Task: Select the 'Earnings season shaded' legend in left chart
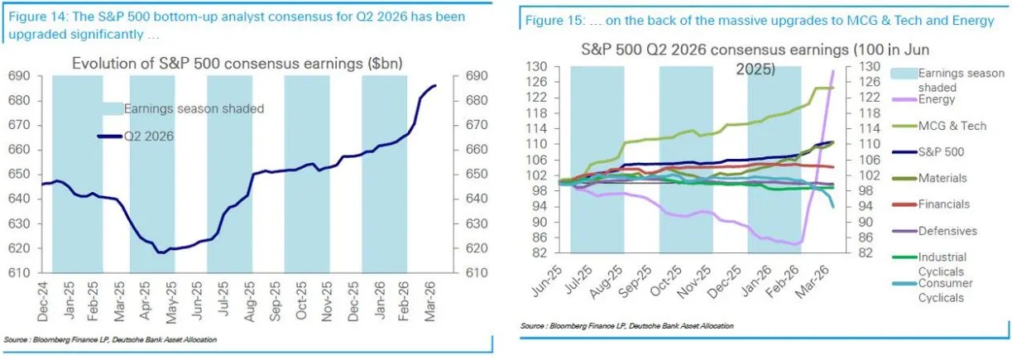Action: click(x=194, y=108)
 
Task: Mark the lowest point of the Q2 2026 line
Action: click(x=162, y=252)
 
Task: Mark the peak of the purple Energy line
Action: click(x=833, y=70)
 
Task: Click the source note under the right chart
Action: click(x=626, y=326)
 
